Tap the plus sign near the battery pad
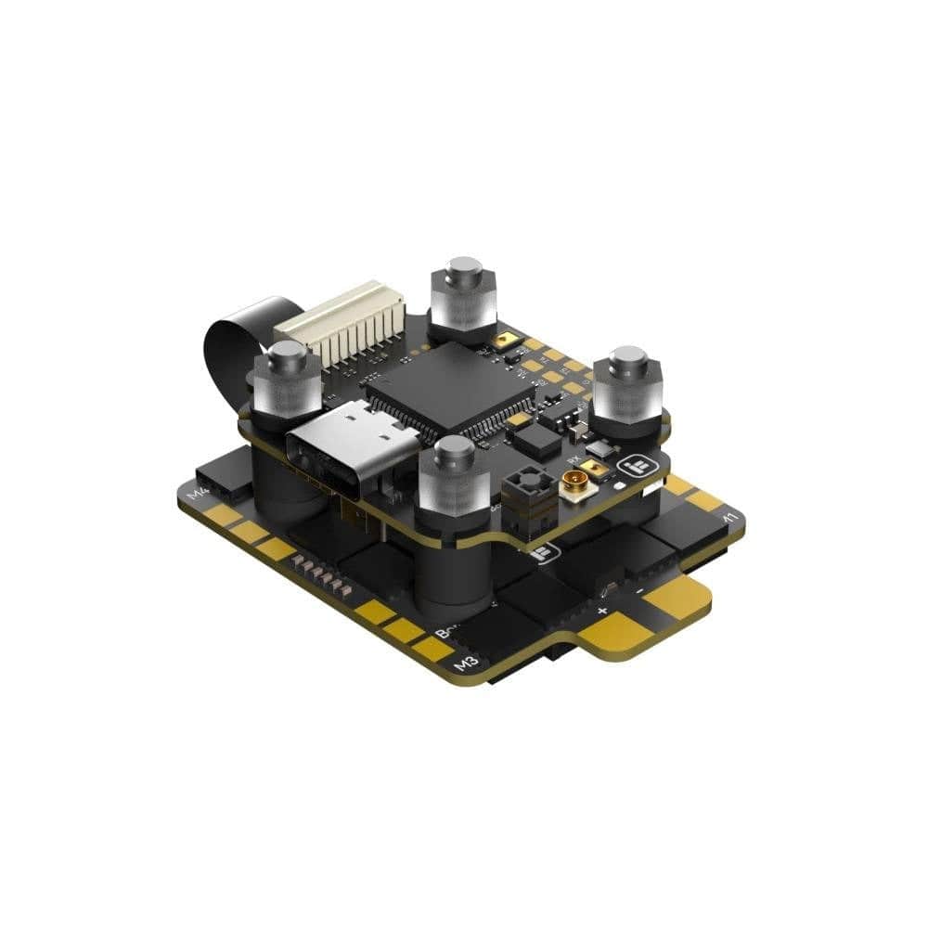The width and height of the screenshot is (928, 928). coord(602,611)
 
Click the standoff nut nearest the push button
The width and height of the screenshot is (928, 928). coord(455,473)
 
